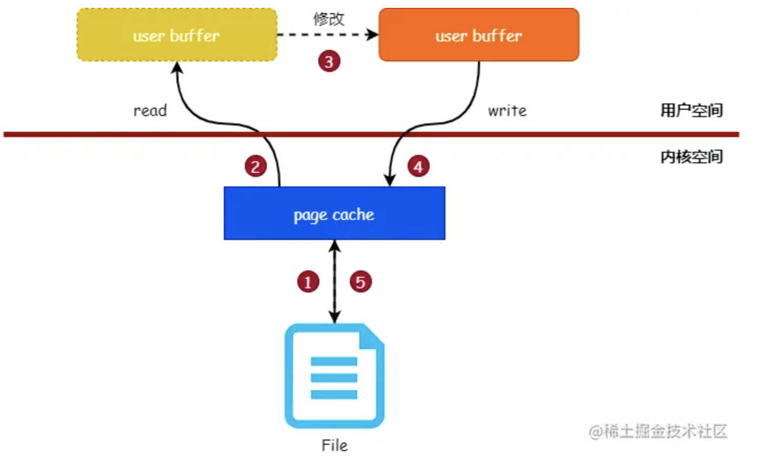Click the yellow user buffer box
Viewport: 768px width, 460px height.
[x=177, y=35]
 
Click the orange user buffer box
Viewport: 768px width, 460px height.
[x=479, y=35]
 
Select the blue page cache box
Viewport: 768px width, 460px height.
[x=334, y=213]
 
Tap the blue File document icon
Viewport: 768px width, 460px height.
[x=334, y=375]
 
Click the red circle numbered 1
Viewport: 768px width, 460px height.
[x=308, y=282]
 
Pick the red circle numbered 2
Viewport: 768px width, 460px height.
[x=255, y=166]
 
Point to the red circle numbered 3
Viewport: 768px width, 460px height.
[x=329, y=61]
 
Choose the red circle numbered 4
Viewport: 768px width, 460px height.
[x=418, y=166]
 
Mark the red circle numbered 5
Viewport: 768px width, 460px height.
[x=360, y=282]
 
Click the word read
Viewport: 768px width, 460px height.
[x=150, y=111]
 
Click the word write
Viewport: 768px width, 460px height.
[x=507, y=111]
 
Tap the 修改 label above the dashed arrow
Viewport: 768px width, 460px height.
[x=329, y=19]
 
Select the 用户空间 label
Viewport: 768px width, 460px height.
[x=691, y=110]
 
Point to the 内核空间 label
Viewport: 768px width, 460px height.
[x=691, y=156]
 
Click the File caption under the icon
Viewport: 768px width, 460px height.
[x=335, y=445]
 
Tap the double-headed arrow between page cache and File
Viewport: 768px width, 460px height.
[x=335, y=281]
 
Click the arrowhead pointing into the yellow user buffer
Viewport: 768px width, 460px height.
[x=177, y=68]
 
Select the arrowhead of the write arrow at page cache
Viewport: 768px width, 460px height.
[x=389, y=180]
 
